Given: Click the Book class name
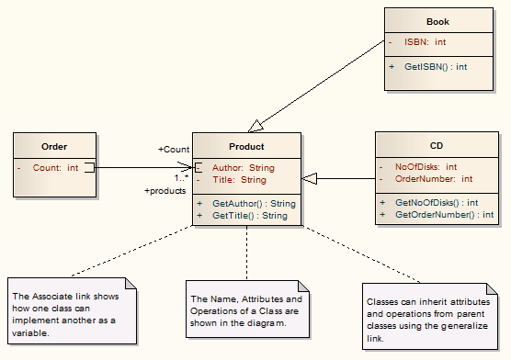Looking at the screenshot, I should pos(437,21).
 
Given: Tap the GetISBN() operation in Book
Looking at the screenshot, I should pos(435,66).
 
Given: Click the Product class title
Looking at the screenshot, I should pos(246,146).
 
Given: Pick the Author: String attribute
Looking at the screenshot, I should pos(243,168).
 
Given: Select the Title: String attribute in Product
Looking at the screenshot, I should pos(239,180).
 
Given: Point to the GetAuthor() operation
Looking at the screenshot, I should pos(253,203).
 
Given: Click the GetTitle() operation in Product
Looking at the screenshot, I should pos(249,216).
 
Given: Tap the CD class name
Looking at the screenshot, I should pos(437,146).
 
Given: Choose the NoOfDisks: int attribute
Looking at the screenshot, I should pos(426,167).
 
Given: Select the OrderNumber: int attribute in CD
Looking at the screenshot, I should pos(433,179).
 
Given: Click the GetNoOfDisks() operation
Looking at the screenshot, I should pos(436,202).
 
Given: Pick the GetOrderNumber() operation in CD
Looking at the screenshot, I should pos(444,214).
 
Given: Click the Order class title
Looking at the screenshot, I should pos(55,146).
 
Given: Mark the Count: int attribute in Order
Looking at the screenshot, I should pos(55,168).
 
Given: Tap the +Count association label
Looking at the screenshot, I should pos(173,149).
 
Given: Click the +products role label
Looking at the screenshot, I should pos(165,191).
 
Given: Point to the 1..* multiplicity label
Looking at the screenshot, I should pos(182,177).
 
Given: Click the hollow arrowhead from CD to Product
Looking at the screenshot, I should pos(310,178).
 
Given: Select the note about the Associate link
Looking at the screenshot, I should pos(72,315).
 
